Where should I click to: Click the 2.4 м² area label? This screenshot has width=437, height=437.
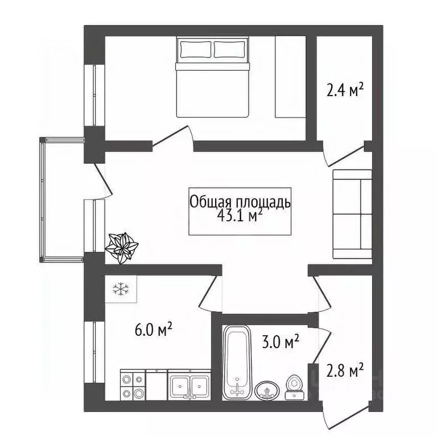click(x=345, y=91)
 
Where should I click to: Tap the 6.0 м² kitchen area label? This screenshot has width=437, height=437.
click(x=153, y=329)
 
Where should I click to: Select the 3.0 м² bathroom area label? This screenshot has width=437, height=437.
click(x=281, y=342)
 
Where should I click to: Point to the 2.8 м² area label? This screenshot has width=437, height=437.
click(x=345, y=372)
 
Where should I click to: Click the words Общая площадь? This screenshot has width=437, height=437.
click(x=240, y=201)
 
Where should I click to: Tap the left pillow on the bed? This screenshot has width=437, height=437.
click(x=195, y=50)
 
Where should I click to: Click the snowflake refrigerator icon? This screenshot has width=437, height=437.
click(x=121, y=290)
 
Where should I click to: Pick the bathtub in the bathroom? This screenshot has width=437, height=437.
click(x=236, y=362)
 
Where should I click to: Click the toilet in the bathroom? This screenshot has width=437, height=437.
click(x=294, y=386)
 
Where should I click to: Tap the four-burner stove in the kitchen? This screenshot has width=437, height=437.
click(x=133, y=386)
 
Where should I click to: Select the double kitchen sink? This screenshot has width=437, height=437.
click(x=189, y=385)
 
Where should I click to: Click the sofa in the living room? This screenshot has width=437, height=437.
click(x=352, y=214)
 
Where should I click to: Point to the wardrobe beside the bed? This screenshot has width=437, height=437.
click(x=291, y=77)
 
